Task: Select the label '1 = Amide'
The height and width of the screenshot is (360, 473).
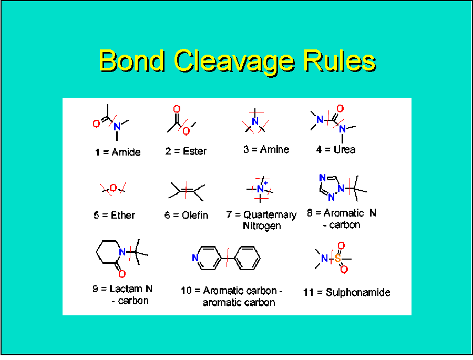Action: click(x=118, y=152)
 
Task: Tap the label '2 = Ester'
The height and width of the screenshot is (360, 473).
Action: click(x=186, y=151)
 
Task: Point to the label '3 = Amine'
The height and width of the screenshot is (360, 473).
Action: click(x=266, y=149)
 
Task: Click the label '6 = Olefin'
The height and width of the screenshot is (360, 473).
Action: click(x=186, y=215)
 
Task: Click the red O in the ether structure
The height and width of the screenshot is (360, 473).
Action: click(x=113, y=188)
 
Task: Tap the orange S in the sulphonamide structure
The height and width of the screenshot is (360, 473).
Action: click(x=337, y=259)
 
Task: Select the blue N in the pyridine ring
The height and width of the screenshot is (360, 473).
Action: click(x=195, y=258)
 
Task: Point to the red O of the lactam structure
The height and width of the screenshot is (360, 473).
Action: click(x=122, y=274)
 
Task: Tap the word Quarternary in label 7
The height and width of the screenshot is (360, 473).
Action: click(x=270, y=215)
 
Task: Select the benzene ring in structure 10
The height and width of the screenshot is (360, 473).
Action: click(x=249, y=258)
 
